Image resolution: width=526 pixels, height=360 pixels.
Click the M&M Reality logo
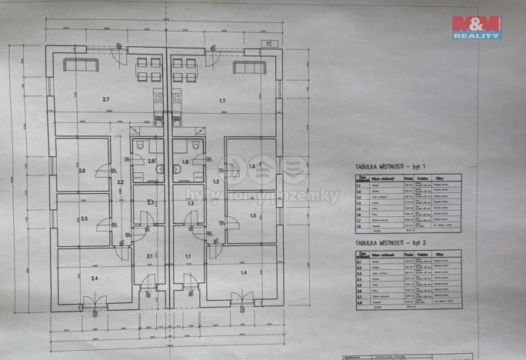[477, 27]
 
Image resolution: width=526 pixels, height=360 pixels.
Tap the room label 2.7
[106, 100]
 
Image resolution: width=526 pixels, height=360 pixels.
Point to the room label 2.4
[94, 278]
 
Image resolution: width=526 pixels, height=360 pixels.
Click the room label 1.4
[243, 272]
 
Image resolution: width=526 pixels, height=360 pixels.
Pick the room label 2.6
[82, 170]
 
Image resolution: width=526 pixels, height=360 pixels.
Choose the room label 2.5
[85, 219]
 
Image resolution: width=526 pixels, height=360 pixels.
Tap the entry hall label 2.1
[149, 255]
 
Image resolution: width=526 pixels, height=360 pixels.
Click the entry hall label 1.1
[187, 255]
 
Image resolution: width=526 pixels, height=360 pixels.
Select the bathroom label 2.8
[151, 162]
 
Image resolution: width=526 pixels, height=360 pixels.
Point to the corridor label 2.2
[120, 182]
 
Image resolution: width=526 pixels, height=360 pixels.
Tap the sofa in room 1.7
[249, 67]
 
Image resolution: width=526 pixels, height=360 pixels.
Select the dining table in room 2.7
[148, 69]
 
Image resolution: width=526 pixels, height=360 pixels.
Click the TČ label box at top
[268, 44]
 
